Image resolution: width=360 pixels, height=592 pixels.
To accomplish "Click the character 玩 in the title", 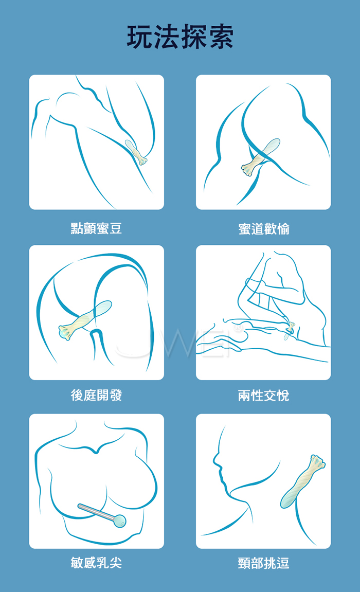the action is click(x=140, y=37).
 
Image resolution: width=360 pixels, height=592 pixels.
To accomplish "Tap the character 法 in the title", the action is click(x=167, y=37).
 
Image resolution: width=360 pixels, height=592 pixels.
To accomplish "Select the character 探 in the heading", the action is click(x=194, y=37).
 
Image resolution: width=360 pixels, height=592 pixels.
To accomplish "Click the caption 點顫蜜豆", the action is click(x=96, y=228).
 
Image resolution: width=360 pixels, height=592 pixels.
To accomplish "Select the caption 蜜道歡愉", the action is click(x=264, y=229).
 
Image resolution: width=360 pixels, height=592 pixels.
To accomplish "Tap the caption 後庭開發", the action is click(x=96, y=396).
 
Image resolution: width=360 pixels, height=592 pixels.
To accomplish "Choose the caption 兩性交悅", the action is click(x=264, y=396).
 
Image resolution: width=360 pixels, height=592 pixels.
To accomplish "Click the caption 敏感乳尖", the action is click(x=96, y=563).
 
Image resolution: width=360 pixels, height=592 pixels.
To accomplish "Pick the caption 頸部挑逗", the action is click(x=264, y=563).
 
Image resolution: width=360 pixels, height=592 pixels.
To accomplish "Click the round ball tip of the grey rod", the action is click(x=120, y=522).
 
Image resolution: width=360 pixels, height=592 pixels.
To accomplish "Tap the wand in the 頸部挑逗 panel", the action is click(x=302, y=482).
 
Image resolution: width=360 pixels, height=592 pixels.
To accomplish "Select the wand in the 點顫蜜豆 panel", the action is click(x=136, y=152).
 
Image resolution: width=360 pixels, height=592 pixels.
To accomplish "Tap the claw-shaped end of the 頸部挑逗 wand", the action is click(x=317, y=462).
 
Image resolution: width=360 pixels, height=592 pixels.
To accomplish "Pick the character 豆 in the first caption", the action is click(x=116, y=228).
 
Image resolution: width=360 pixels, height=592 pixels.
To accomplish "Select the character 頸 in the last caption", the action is click(x=244, y=563).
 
